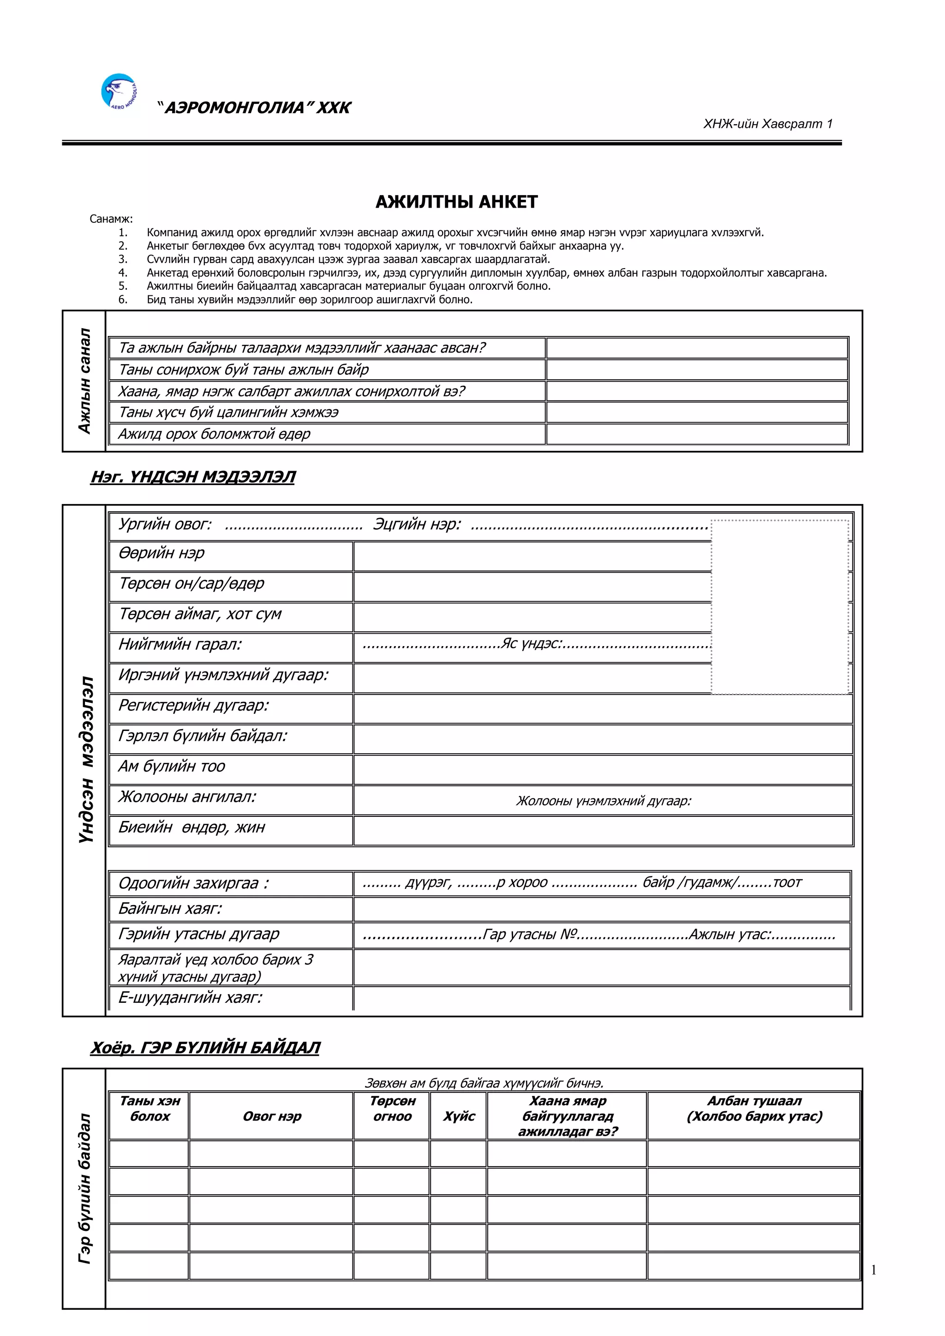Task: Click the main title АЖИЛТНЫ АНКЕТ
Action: pyautogui.click(x=456, y=202)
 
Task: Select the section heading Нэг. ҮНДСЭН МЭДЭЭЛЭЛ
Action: pyautogui.click(x=192, y=477)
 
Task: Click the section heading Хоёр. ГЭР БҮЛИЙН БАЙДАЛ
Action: pyautogui.click(x=205, y=1048)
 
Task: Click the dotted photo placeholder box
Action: pyautogui.click(x=779, y=607)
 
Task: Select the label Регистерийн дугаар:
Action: pyautogui.click(x=193, y=705)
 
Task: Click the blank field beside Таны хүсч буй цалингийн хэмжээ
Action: pyautogui.click(x=697, y=413)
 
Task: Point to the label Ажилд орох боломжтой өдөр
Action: pyautogui.click(x=214, y=434)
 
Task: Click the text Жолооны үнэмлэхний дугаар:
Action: pyautogui.click(x=604, y=801)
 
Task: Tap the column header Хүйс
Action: pyautogui.click(x=459, y=1116)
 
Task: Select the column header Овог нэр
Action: pyautogui.click(x=272, y=1116)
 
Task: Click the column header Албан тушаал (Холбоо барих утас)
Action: pyautogui.click(x=754, y=1108)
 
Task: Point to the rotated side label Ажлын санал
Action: pyautogui.click(x=85, y=381)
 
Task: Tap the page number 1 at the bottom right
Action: pyautogui.click(x=873, y=1270)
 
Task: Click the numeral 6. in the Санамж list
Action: pyautogui.click(x=123, y=300)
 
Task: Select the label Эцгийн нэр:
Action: pyautogui.click(x=417, y=524)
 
